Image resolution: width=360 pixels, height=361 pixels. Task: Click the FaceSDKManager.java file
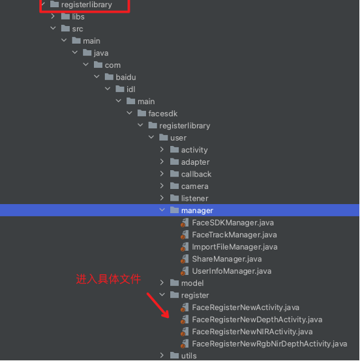click(233, 223)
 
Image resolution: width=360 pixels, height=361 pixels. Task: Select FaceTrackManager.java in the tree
click(234, 235)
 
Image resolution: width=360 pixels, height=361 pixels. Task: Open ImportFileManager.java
click(235, 247)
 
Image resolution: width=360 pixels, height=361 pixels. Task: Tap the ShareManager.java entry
click(227, 259)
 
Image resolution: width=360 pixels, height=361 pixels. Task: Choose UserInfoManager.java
click(232, 271)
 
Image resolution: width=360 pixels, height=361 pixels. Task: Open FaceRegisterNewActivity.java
click(245, 308)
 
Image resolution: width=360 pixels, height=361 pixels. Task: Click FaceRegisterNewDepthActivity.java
click(257, 320)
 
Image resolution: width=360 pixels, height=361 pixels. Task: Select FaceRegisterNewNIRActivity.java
click(252, 332)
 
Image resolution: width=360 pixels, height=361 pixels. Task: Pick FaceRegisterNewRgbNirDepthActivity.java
click(269, 344)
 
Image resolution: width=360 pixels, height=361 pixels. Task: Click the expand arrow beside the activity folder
click(162, 150)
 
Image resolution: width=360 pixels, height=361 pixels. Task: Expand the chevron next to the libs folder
click(53, 16)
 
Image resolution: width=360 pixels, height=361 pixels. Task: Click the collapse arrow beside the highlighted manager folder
click(162, 210)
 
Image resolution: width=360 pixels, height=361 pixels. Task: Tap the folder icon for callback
click(175, 173)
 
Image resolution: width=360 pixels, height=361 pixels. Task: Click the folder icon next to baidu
click(109, 77)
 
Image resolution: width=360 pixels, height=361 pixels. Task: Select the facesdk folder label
click(162, 114)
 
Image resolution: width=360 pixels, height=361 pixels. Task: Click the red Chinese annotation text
click(108, 280)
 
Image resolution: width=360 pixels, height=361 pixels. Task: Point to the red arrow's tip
click(168, 318)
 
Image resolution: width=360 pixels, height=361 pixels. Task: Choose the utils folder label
click(188, 356)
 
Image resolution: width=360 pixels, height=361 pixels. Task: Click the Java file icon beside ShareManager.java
click(185, 259)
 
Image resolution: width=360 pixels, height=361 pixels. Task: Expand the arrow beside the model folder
click(162, 283)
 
